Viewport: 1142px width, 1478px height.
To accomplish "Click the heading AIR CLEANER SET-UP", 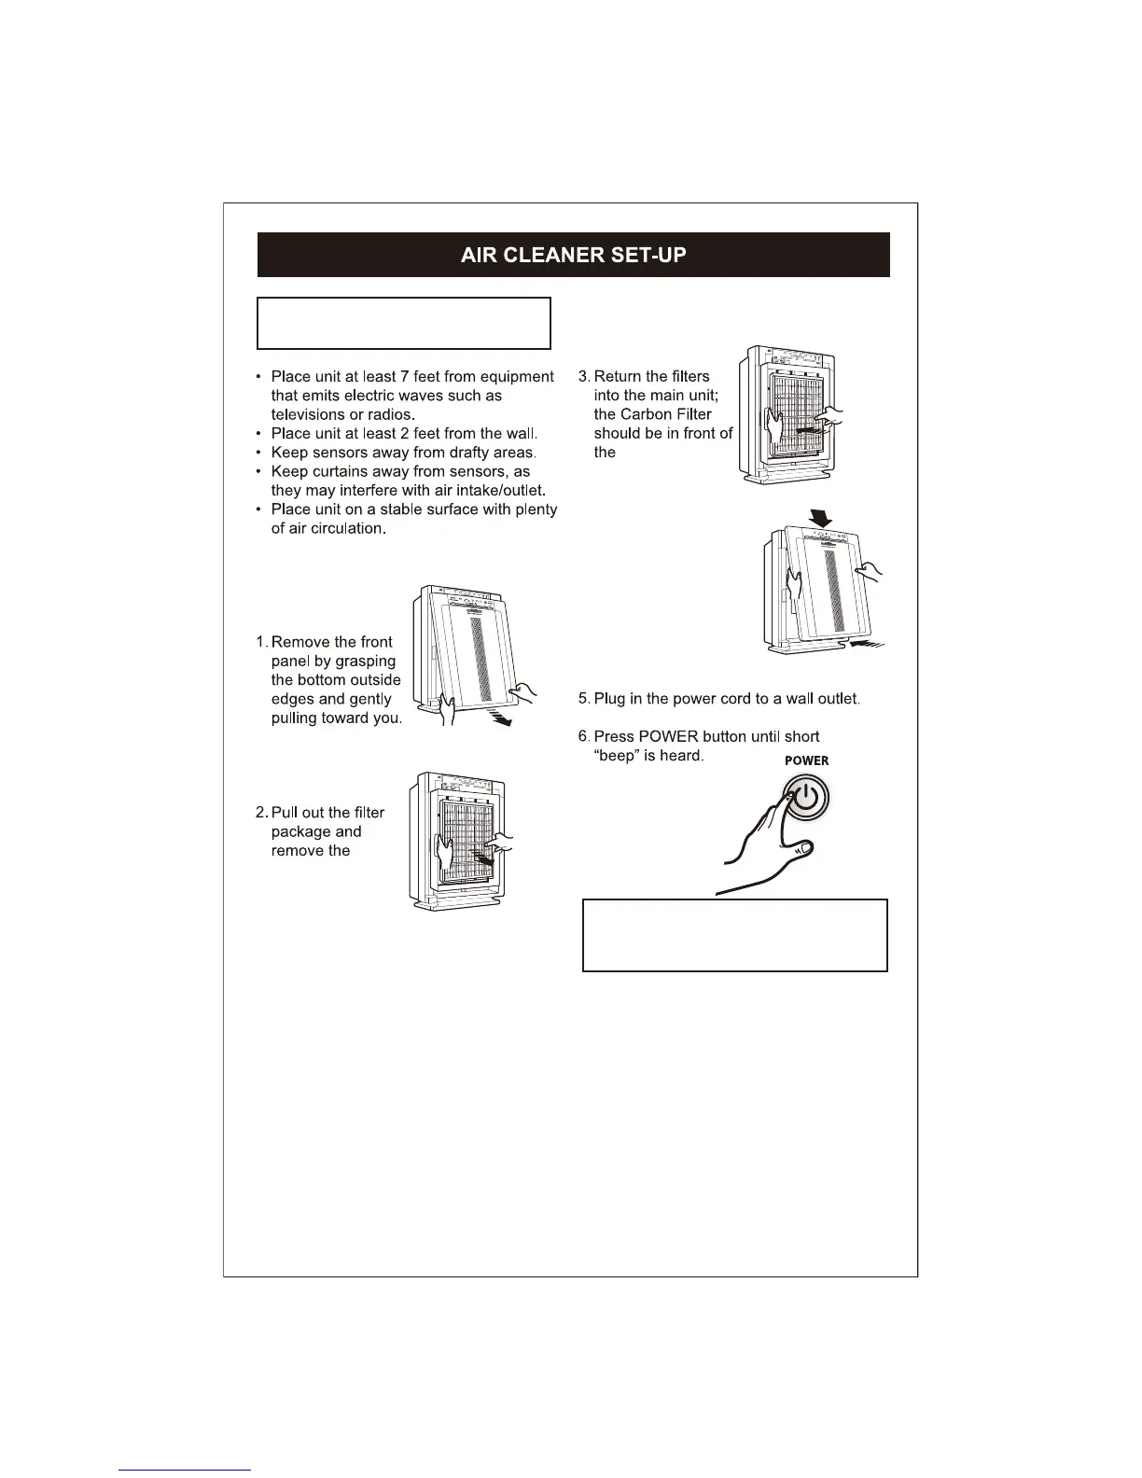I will tap(573, 255).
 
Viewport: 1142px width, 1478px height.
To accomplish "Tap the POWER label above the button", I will tap(806, 760).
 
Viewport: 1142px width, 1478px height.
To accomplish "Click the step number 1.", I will tap(261, 642).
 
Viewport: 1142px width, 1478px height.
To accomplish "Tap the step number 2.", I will tap(261, 813).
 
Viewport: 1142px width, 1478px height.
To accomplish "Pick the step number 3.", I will tap(583, 376).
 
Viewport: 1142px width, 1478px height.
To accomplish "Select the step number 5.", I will tap(583, 699).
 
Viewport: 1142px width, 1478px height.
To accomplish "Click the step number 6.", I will tap(583, 736).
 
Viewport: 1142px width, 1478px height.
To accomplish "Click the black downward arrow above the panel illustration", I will tap(821, 516).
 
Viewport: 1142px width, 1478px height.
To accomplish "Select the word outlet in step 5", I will tap(837, 699).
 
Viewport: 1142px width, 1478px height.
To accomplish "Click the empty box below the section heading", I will tap(403, 323).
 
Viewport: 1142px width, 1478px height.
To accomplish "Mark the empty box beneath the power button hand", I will tap(734, 935).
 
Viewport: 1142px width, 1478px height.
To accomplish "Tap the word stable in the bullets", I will tap(396, 509).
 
